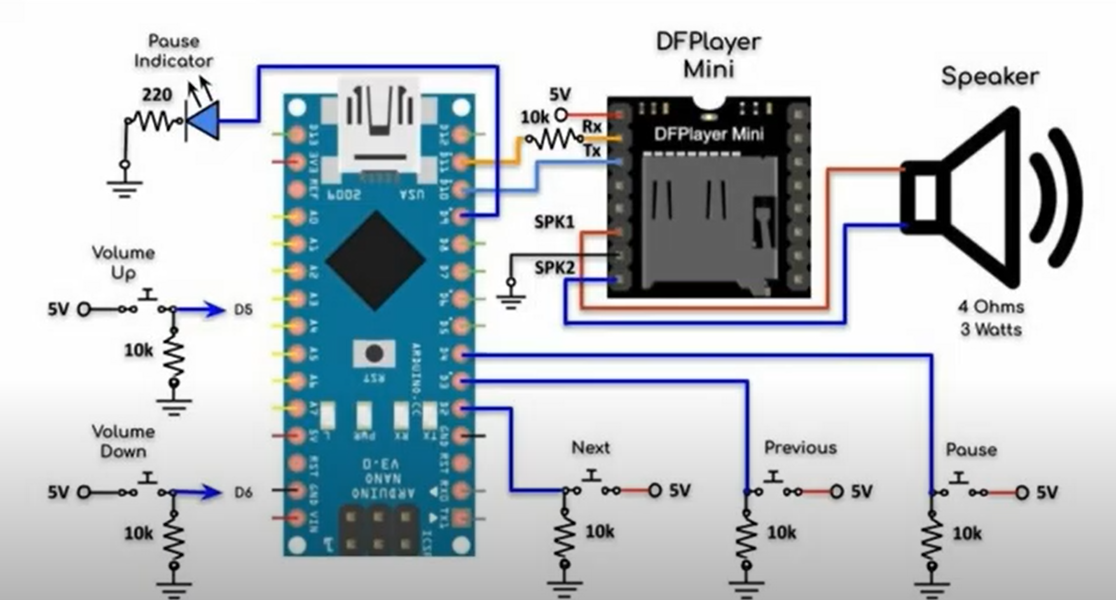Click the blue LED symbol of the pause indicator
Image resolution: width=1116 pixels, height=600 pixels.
coord(203,121)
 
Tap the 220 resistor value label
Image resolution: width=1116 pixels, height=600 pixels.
coord(157,95)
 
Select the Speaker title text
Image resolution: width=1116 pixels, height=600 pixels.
coord(990,77)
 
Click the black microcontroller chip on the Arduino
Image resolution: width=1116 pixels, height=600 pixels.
coord(375,260)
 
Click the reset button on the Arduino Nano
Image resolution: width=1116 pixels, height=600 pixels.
coord(374,353)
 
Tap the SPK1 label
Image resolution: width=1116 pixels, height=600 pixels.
coord(554,222)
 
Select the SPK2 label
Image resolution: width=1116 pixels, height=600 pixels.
coord(554,268)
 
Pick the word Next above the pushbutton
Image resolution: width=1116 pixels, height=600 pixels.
coord(590,447)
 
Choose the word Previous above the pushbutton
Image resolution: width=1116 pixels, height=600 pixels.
coord(800,447)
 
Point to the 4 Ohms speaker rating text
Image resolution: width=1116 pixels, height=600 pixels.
coord(991,307)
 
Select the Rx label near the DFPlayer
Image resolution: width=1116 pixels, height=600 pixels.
coord(592,127)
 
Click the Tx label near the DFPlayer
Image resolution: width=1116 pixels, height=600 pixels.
coord(592,151)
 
